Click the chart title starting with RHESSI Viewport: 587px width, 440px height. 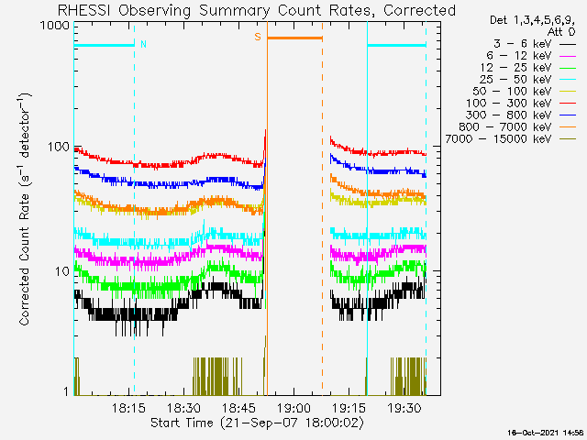click(256, 10)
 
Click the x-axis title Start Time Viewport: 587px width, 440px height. click(256, 423)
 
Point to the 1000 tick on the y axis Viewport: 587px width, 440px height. click(54, 27)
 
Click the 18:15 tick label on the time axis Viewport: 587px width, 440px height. click(129, 407)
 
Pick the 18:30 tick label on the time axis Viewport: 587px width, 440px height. click(183, 407)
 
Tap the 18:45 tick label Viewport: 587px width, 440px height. click(238, 407)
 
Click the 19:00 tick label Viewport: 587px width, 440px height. click(293, 407)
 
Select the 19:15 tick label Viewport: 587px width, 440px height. click(349, 407)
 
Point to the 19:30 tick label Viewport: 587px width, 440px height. click(404, 407)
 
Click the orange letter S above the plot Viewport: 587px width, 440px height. click(258, 37)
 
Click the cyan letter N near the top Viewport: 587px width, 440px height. click(142, 43)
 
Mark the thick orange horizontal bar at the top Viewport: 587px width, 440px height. click(293, 38)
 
